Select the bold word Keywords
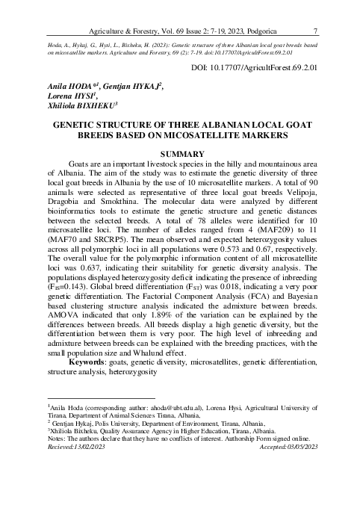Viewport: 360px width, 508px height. coord(87,362)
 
